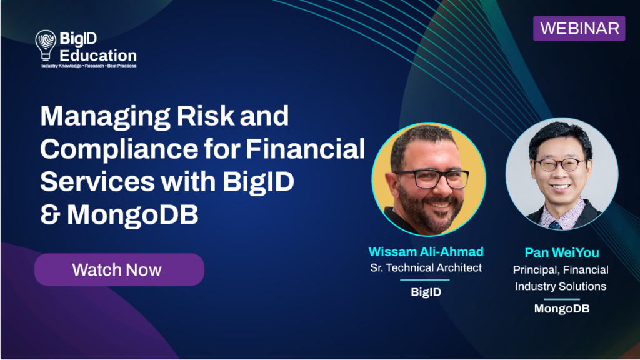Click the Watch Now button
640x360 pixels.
tap(119, 270)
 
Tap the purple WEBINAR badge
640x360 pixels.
tap(579, 29)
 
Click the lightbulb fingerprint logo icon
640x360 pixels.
tap(46, 45)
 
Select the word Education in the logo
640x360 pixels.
tap(98, 56)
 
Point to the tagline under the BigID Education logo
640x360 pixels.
tap(89, 66)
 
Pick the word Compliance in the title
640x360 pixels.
tap(119, 149)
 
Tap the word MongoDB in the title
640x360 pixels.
tap(132, 215)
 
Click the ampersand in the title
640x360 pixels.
tap(50, 215)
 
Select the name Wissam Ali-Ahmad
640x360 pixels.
tap(426, 252)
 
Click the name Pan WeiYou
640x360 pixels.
tap(562, 252)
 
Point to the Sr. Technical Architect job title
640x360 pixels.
tap(426, 267)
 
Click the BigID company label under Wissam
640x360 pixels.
tap(426, 292)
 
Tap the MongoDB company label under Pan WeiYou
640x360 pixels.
tap(562, 309)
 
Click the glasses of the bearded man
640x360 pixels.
tap(432, 179)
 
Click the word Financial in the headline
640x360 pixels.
tap(305, 149)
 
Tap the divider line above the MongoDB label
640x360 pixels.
tap(562, 299)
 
